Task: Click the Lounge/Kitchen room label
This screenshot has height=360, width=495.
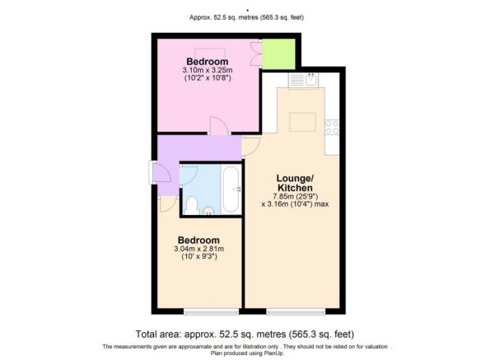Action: [295, 183]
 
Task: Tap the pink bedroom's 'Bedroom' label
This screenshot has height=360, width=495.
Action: [207, 62]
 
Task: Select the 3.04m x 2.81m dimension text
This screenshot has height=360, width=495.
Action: [198, 249]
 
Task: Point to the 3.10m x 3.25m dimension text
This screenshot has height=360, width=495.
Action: [208, 70]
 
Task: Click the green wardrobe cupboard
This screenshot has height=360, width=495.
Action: [278, 54]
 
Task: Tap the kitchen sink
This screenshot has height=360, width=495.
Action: [311, 80]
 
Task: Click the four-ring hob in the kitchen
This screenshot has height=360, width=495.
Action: [332, 127]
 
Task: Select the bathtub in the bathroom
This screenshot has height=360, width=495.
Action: [231, 189]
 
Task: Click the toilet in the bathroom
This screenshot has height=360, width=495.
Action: [191, 205]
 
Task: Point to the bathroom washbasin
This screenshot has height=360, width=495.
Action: [208, 211]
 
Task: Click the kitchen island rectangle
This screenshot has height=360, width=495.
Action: [302, 122]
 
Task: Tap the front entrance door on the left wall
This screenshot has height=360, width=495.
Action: [160, 172]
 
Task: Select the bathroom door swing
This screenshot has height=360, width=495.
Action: [188, 174]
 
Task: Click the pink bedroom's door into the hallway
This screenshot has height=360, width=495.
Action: [219, 126]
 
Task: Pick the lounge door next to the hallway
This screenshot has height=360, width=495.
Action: [250, 147]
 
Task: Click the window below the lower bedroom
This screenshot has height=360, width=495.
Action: [211, 312]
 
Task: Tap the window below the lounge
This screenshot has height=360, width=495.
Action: [296, 312]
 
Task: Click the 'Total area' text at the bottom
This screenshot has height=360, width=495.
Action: [245, 334]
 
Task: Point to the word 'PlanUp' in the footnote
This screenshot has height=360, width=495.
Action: [274, 353]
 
